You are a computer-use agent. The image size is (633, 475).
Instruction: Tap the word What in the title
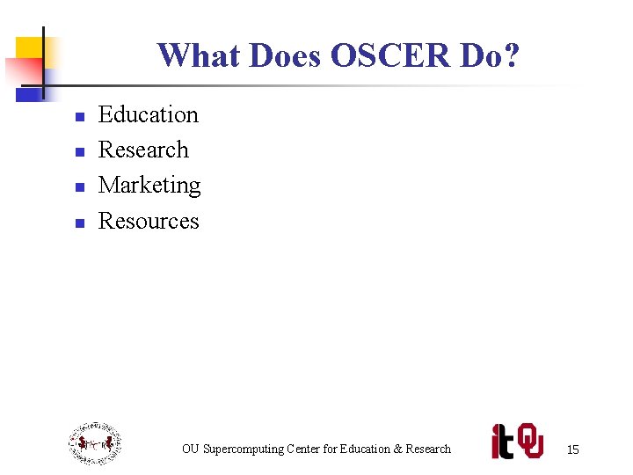tap(200, 56)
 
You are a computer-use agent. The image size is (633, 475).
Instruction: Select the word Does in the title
tap(286, 56)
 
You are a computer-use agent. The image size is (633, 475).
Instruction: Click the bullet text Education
tap(149, 115)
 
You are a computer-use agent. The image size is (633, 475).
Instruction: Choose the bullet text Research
tap(143, 150)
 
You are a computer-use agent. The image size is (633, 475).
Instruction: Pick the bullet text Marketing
tap(149, 186)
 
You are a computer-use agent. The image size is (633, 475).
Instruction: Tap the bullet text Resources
tap(149, 221)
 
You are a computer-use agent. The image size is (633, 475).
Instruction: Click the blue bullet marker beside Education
tap(79, 117)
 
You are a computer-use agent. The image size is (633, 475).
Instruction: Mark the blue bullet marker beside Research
tap(79, 152)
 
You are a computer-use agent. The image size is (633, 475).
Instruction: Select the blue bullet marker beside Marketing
tap(79, 187)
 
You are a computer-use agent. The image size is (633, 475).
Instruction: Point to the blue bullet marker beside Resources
tap(79, 223)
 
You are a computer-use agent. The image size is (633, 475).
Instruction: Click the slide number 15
tap(572, 449)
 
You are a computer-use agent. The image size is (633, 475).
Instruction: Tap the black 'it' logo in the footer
tap(502, 442)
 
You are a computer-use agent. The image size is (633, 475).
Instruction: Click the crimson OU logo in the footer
tap(530, 441)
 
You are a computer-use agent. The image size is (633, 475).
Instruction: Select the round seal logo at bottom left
tap(95, 443)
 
